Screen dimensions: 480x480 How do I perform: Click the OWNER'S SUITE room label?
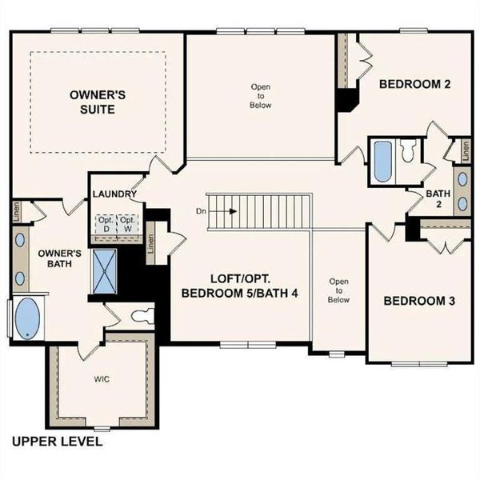97,102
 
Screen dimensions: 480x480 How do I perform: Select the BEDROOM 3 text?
419,302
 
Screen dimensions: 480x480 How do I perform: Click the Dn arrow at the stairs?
224,212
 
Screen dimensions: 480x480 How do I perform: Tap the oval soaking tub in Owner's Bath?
29,319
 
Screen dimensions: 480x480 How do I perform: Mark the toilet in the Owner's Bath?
142,314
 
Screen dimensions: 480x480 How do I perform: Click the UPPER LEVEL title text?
57,441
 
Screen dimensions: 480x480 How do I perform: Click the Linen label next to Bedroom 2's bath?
462,150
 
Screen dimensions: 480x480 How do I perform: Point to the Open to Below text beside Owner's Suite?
261,95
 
